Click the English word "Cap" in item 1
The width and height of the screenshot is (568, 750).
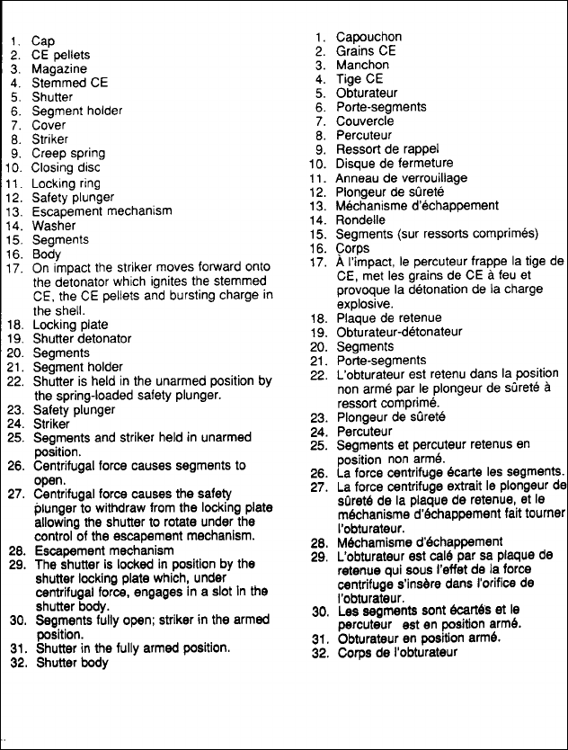[x=43, y=41]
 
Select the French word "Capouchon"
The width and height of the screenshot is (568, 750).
[x=368, y=38]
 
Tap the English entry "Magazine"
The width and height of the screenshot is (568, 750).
[x=59, y=69]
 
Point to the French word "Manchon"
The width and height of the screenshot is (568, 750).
[x=362, y=66]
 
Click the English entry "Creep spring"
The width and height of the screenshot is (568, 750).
[x=68, y=154]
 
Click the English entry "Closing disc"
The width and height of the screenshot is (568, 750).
[x=67, y=168]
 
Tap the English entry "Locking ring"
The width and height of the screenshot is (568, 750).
[x=67, y=183]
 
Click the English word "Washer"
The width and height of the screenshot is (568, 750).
[x=54, y=226]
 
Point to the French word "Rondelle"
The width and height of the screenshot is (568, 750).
[x=360, y=219]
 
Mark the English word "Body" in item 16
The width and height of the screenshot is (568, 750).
[x=46, y=254]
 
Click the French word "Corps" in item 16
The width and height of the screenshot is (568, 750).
[x=352, y=247]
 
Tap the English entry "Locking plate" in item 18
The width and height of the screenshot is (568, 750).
[x=70, y=325]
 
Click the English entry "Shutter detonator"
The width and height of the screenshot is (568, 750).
[x=82, y=339]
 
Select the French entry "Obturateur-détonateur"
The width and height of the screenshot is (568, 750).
[x=399, y=332]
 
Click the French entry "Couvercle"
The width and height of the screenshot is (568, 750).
[x=365, y=121]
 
